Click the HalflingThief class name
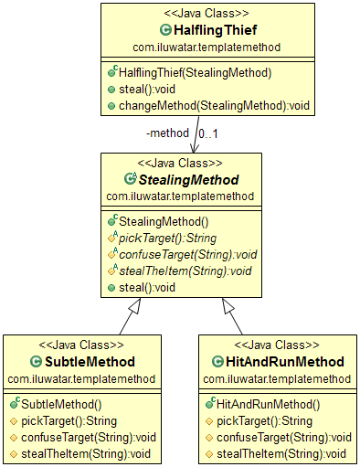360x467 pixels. [216, 30]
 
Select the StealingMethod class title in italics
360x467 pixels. [188, 180]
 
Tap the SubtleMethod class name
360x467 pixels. [90, 362]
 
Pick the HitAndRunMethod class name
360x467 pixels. [285, 362]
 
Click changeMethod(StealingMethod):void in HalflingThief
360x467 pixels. [214, 106]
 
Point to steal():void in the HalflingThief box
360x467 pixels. [147, 90]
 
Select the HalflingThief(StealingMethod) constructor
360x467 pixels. [195, 73]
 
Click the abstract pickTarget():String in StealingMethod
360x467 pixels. [167, 239]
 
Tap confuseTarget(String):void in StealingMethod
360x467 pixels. [188, 255]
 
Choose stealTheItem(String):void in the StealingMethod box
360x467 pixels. [185, 271]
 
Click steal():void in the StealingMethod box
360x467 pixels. [147, 288]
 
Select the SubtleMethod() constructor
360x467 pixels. [61, 405]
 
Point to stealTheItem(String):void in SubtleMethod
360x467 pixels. [86, 454]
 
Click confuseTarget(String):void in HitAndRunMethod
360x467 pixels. [284, 438]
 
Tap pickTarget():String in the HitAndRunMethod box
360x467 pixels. [264, 421]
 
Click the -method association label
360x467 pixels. [167, 133]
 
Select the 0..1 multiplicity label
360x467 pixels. [208, 133]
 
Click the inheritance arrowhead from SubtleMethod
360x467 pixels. [135, 305]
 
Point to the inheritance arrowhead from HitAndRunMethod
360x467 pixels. [228, 305]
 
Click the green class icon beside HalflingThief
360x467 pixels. [165, 30]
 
